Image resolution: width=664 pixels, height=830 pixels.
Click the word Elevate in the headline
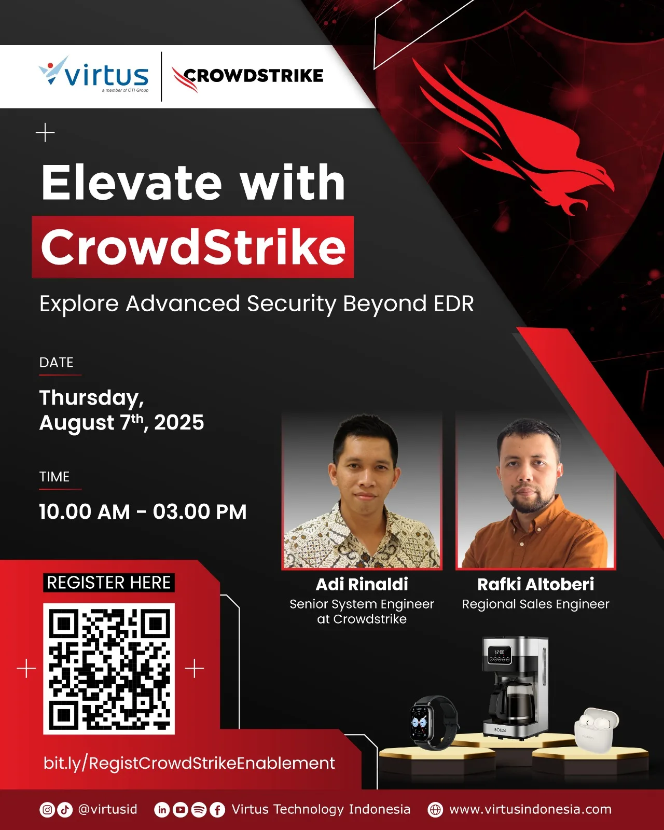[132, 182]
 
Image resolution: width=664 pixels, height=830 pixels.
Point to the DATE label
[57, 363]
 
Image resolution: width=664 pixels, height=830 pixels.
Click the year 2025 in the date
[179, 422]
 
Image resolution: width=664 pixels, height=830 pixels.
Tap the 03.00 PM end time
[200, 512]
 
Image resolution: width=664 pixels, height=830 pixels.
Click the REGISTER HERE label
[109, 583]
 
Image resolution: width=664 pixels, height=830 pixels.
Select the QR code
[109, 669]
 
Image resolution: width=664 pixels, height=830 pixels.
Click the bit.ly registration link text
[189, 763]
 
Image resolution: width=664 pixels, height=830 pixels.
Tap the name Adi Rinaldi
[362, 584]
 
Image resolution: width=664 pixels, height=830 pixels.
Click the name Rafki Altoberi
[535, 584]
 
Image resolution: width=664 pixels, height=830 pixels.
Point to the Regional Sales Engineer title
[535, 604]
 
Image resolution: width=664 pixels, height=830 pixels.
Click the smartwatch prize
[434, 722]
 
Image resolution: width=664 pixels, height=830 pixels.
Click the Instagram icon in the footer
[47, 810]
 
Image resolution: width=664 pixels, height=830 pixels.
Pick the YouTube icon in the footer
[180, 810]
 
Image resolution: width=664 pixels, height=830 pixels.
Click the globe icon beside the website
[435, 810]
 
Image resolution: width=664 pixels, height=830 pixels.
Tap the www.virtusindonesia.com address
[531, 809]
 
